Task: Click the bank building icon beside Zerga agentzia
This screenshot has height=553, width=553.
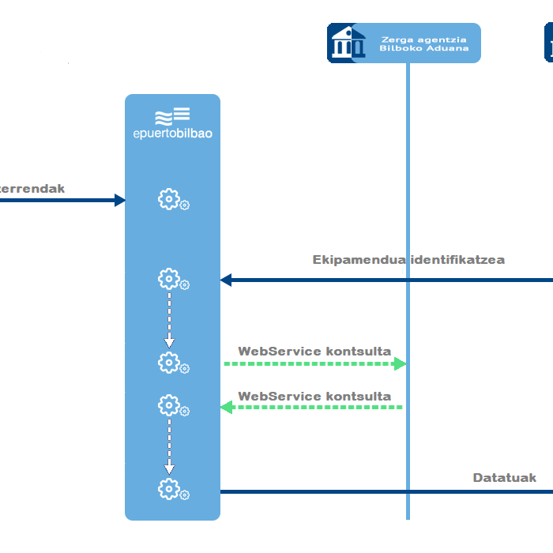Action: pos(346,43)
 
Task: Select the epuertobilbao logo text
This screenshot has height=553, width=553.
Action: pos(172,134)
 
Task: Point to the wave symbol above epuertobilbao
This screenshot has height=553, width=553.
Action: pos(163,118)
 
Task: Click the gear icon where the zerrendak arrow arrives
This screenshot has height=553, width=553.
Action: pos(169,199)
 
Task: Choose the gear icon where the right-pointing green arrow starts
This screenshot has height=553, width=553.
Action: pos(169,363)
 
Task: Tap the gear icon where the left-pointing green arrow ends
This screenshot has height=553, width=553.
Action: pos(169,406)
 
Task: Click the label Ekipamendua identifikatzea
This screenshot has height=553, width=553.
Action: pos(408,259)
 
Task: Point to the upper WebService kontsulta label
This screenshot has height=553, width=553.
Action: pos(314,351)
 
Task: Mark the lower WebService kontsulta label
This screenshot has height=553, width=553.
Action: pos(314,396)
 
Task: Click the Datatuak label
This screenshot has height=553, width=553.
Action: pos(504,477)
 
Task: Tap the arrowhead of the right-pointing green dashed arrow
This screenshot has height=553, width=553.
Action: pos(400,363)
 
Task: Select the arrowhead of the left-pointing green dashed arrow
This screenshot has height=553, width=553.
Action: pos(226,407)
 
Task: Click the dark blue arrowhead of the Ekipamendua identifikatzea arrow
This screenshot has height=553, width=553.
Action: pos(226,280)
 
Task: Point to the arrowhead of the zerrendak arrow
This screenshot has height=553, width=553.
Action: pos(120,200)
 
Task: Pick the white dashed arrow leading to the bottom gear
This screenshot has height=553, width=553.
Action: pos(169,446)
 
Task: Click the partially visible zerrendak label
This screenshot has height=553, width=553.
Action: pos(32,188)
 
